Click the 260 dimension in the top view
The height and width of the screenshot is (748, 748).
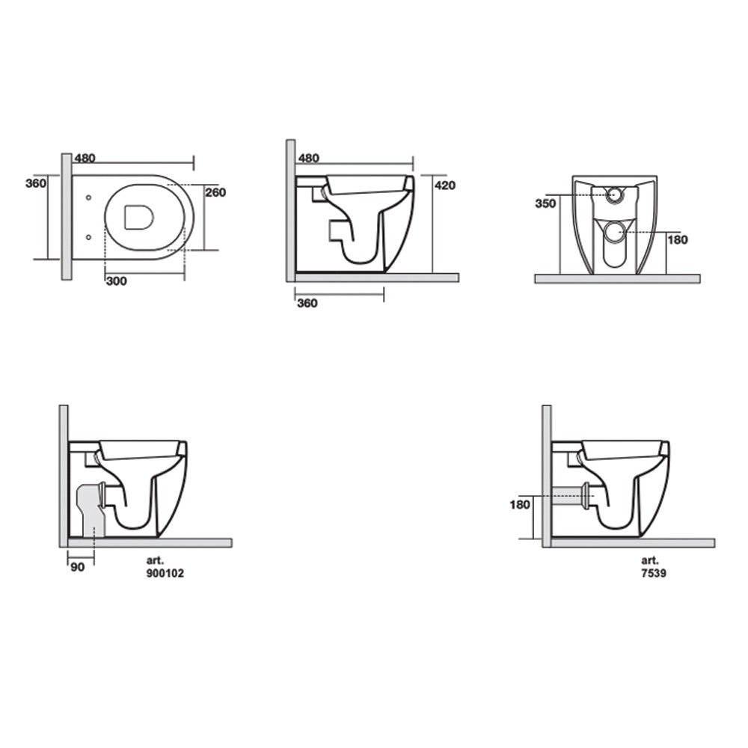215,192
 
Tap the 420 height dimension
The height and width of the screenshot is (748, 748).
445,186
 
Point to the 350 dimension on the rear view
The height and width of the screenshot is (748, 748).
545,203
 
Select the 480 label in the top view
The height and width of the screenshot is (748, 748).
86,158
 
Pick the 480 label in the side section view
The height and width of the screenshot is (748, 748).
308,158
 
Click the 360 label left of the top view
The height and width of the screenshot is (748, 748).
36,183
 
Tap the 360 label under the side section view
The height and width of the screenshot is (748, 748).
307,303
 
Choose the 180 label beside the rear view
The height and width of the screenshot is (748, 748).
678,240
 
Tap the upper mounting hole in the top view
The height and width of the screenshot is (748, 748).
89,198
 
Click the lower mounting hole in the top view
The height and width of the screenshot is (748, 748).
89,236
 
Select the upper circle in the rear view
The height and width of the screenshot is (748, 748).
614,194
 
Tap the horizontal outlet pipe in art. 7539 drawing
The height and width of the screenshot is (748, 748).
574,494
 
